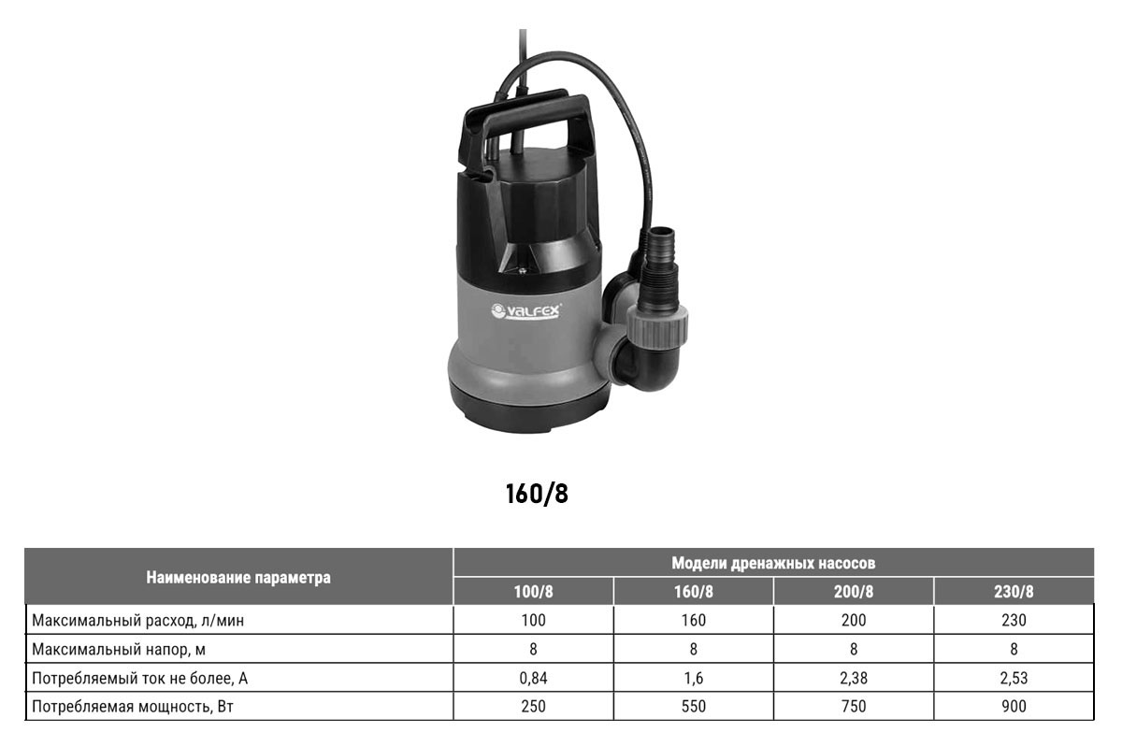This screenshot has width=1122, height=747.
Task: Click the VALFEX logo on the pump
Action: (525, 310)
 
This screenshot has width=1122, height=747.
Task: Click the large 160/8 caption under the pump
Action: (537, 494)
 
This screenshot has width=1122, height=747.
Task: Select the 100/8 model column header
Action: (534, 592)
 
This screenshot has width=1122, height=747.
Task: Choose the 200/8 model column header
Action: (854, 592)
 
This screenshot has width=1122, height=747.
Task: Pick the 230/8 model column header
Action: (1014, 592)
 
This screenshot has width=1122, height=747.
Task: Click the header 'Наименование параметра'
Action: (238, 577)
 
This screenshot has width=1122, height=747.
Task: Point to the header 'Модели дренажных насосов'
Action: (773, 563)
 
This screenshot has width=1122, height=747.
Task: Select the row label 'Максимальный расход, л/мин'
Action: (138, 621)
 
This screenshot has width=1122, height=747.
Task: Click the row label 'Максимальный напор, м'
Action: (119, 650)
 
